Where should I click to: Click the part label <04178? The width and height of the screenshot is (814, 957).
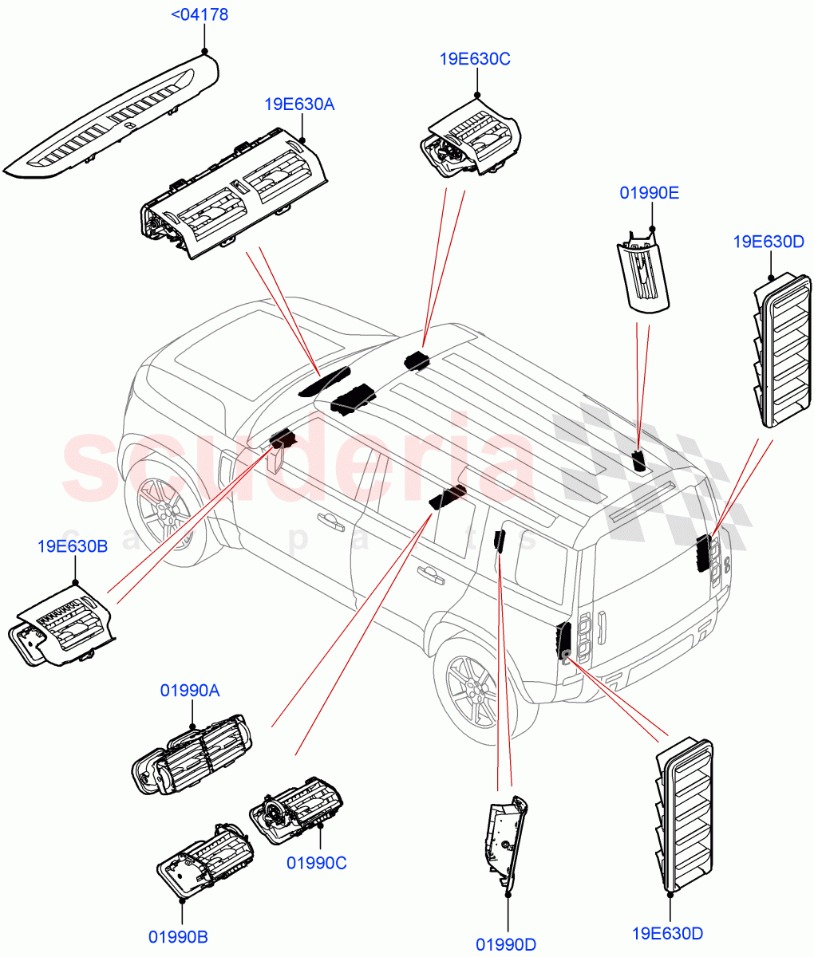200,15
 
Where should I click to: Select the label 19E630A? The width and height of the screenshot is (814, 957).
299,104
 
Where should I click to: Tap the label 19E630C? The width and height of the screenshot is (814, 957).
475,59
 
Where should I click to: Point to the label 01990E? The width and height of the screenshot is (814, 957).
650,193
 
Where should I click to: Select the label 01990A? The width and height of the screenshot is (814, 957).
190,691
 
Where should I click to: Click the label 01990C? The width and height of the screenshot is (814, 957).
317,863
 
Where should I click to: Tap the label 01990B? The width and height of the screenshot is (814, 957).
178,937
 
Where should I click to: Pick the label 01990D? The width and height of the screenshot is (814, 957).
506,945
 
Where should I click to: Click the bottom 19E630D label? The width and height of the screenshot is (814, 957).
667,933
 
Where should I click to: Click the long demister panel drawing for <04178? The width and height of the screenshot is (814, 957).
112,120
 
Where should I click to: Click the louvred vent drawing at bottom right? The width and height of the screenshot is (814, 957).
685,813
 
